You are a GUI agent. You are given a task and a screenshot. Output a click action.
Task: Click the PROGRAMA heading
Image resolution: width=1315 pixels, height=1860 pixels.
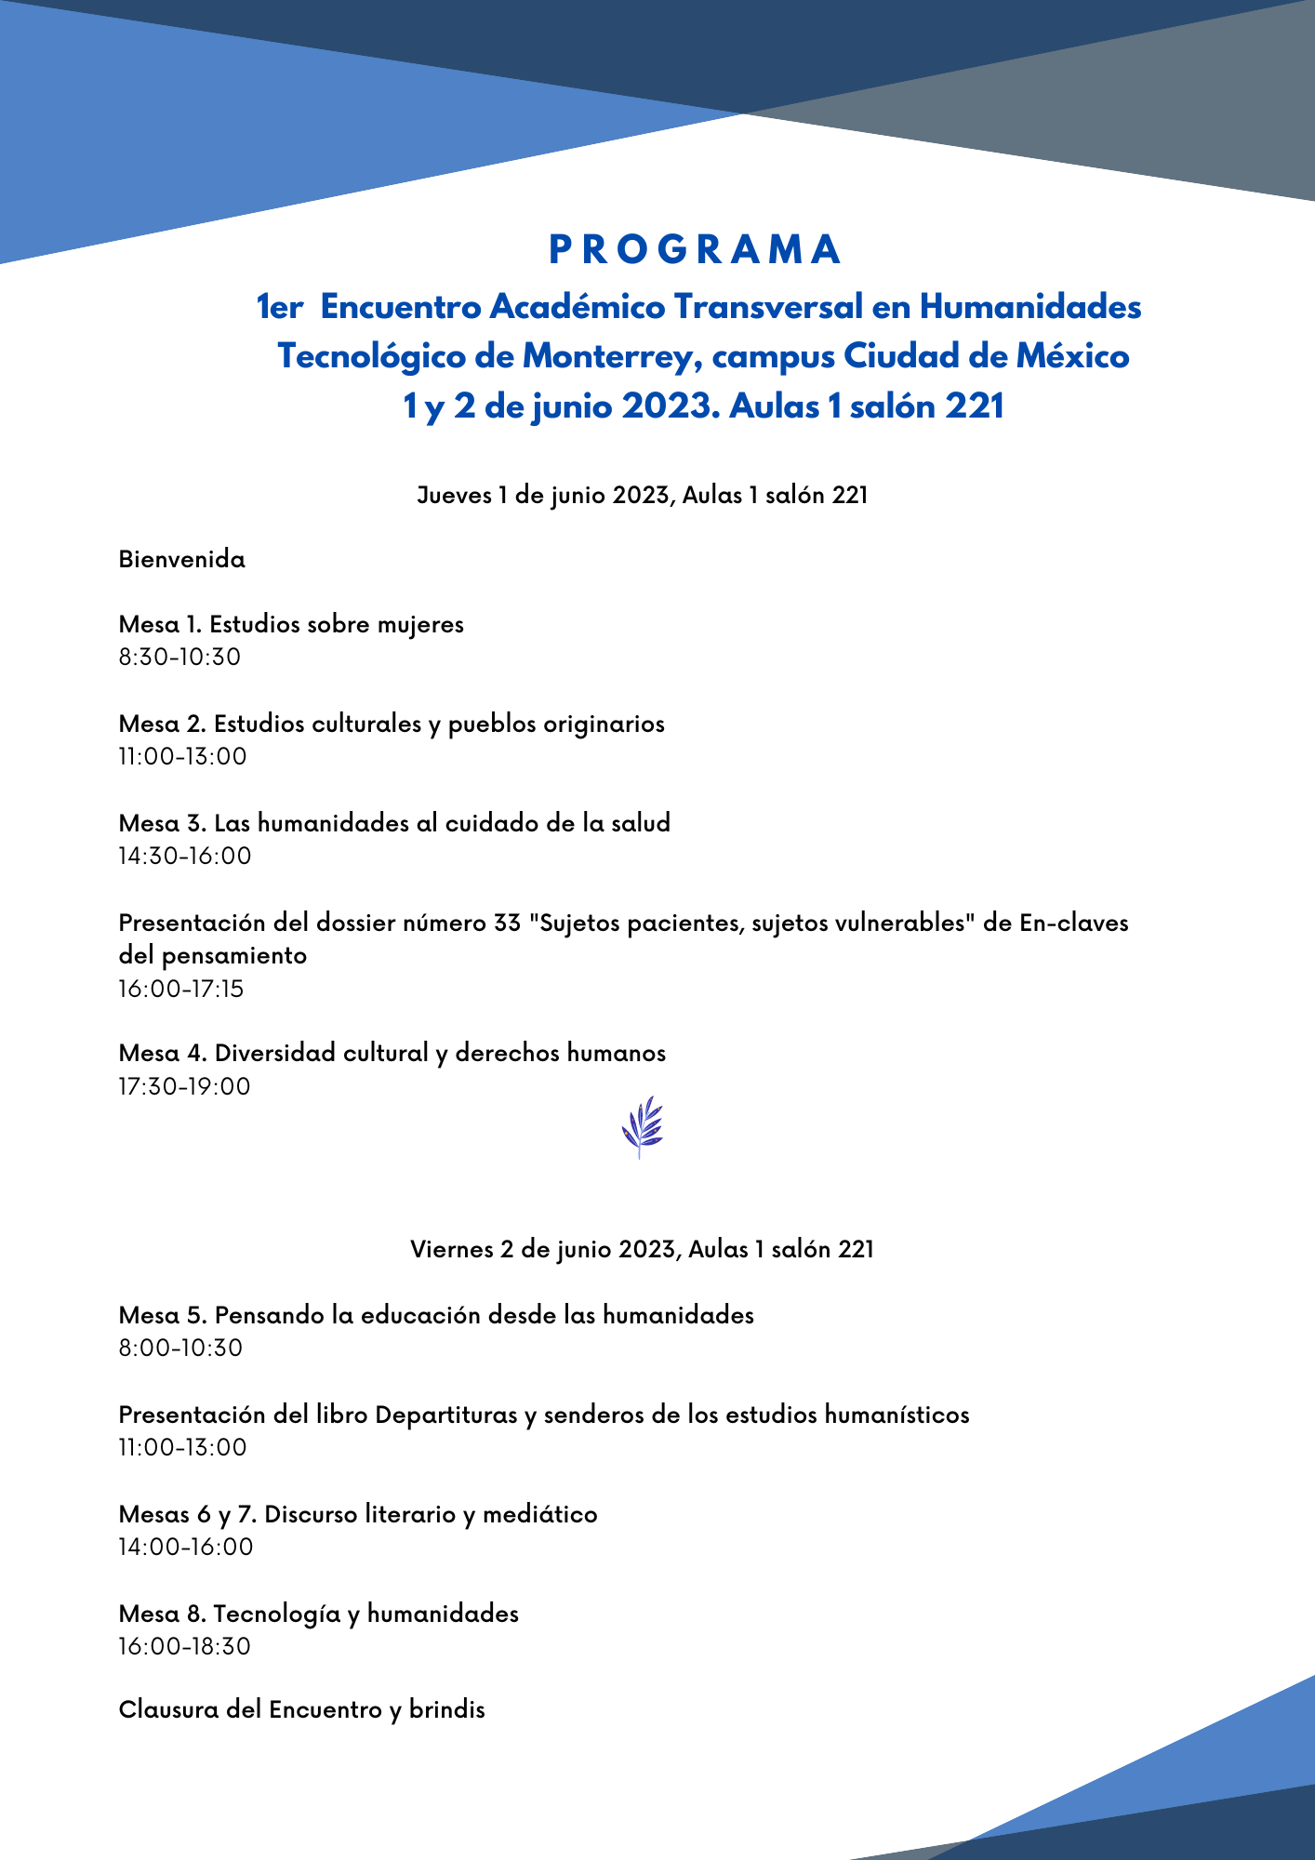click(x=696, y=249)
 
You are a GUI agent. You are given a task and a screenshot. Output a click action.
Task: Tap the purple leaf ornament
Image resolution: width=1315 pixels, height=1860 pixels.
click(x=642, y=1126)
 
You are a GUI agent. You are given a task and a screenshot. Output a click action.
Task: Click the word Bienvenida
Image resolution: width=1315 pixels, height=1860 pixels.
click(x=182, y=560)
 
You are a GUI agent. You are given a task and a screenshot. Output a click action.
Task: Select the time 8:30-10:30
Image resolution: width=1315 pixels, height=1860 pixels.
click(x=179, y=658)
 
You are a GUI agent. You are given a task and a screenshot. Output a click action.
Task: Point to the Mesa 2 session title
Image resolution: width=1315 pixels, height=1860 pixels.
click(x=392, y=724)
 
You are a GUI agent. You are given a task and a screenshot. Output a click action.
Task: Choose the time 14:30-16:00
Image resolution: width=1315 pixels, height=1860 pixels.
click(x=185, y=856)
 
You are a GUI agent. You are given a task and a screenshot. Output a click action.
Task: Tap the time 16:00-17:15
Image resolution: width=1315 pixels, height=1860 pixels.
click(x=181, y=989)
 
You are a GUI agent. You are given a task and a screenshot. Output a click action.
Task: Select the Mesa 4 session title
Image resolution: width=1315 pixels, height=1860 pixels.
click(x=392, y=1053)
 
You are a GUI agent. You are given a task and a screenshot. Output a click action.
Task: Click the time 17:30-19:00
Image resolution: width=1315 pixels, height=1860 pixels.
click(x=185, y=1086)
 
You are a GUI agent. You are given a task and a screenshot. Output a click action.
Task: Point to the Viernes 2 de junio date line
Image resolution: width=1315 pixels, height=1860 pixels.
click(x=642, y=1249)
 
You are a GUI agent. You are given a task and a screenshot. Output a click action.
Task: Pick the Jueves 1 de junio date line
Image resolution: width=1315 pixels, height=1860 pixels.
click(x=642, y=496)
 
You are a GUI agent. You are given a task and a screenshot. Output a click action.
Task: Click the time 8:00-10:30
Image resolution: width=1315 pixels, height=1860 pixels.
click(x=180, y=1348)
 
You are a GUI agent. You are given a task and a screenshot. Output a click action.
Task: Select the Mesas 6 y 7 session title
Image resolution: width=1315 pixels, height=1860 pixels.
click(x=358, y=1514)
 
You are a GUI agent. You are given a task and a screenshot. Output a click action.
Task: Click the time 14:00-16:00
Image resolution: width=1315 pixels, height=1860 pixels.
click(x=186, y=1547)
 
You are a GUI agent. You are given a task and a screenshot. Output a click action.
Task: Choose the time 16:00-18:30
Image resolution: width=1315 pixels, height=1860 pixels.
click(x=185, y=1646)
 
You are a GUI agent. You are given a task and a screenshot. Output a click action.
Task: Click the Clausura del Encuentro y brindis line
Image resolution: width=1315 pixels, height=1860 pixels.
click(x=302, y=1709)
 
